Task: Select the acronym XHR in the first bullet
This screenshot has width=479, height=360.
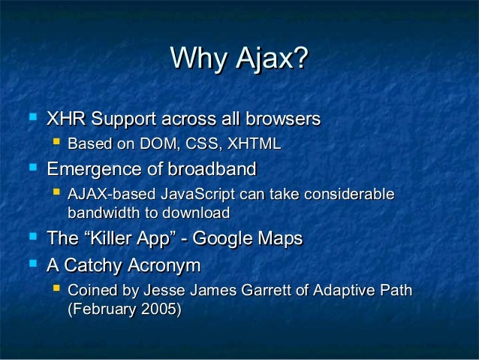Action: click(x=65, y=119)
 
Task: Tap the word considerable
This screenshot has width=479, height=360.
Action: click(x=345, y=194)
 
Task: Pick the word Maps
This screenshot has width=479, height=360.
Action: click(x=279, y=239)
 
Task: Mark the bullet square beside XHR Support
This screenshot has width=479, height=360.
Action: click(x=31, y=118)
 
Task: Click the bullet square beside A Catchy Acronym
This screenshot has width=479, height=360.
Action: click(x=31, y=264)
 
